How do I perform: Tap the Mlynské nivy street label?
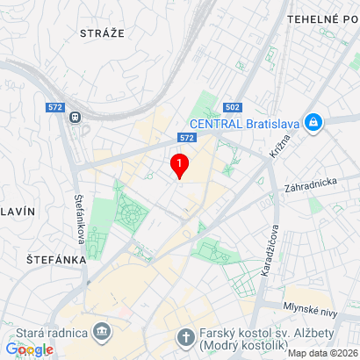tap(310, 307)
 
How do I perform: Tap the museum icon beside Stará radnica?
tap(102, 333)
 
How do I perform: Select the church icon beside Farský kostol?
tap(185, 337)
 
